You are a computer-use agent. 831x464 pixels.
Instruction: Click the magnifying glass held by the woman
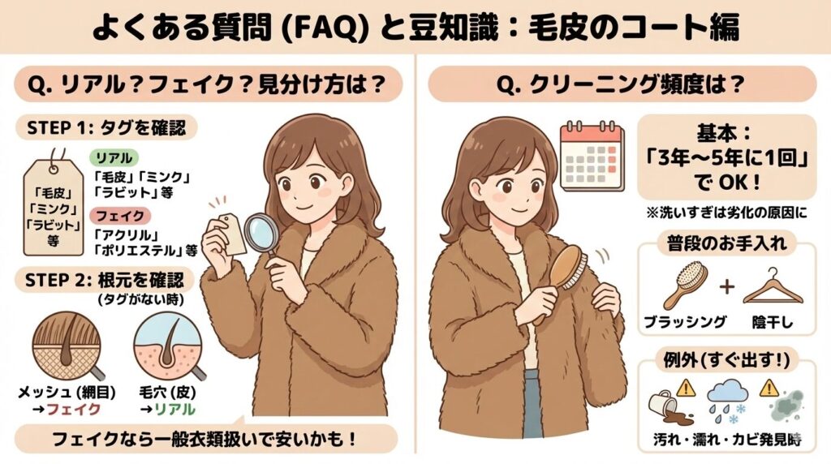[x=261, y=233]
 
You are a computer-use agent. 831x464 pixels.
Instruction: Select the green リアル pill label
[x=113, y=157]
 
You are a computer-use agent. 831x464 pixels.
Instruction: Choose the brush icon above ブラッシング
[x=682, y=284]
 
